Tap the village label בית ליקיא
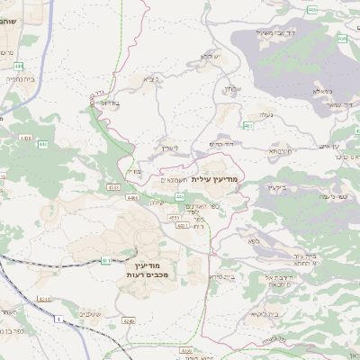262,314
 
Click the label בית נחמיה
18,78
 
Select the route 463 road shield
247,125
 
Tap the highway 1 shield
60,319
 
